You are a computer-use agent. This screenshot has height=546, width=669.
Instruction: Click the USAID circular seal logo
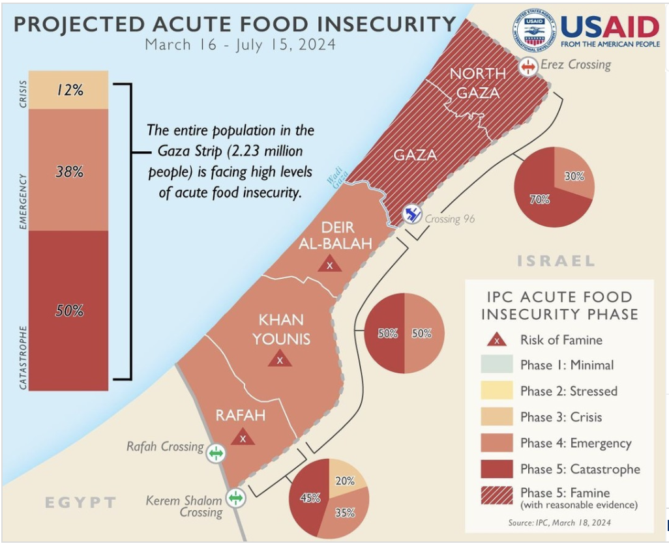pos(534,31)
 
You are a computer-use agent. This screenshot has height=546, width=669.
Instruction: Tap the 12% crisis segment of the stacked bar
pos(68,90)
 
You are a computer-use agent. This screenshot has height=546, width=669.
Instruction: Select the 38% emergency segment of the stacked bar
pos(68,171)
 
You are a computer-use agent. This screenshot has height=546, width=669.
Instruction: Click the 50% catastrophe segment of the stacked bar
pos(68,310)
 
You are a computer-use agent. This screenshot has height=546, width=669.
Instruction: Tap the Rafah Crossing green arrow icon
pos(215,452)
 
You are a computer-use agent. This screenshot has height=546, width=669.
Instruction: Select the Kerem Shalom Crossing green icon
pos(235,498)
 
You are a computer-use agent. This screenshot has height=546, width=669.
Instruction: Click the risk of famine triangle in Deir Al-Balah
pos(330,265)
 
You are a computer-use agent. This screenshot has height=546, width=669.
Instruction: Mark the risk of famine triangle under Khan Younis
pos(280,358)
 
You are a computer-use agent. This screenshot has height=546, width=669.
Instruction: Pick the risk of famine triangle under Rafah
pos(243,437)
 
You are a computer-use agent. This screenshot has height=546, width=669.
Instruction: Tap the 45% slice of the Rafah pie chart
pos(308,499)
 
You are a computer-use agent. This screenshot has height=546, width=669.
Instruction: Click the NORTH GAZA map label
pos(478,83)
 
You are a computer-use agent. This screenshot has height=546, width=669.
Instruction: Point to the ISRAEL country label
pos(556,261)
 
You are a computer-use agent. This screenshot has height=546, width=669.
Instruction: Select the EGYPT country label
pos(80,502)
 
